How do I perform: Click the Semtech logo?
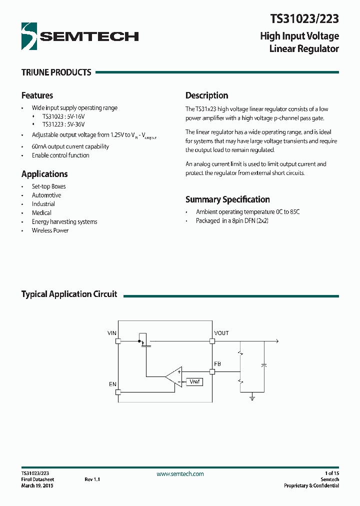[80, 36]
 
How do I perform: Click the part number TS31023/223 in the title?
[304, 19]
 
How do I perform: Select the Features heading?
[37, 95]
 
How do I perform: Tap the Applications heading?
[44, 174]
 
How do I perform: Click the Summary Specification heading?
[227, 199]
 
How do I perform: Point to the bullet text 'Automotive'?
[46, 195]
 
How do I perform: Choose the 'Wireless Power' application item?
[50, 230]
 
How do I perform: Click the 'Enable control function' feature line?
[60, 155]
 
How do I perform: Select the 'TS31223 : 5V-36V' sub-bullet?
[63, 124]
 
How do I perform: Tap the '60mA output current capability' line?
[70, 146]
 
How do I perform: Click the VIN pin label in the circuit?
[112, 333]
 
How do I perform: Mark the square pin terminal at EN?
[118, 392]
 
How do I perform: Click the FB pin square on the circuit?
[212, 371]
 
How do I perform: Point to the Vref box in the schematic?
[194, 382]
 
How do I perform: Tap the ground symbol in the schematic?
[252, 398]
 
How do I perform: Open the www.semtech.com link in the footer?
[180, 474]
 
